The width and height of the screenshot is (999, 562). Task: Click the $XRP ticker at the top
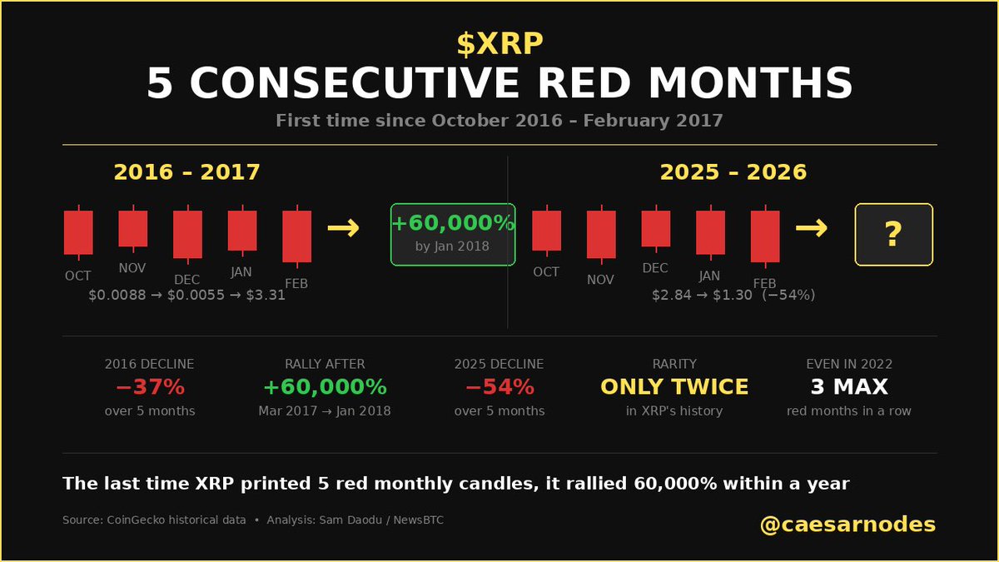point(499,43)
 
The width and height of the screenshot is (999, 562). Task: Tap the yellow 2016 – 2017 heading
point(186,172)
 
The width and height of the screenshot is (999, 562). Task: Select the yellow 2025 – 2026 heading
point(733,172)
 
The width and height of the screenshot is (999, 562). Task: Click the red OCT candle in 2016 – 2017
point(78,231)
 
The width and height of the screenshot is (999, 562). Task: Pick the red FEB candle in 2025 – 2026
point(765,236)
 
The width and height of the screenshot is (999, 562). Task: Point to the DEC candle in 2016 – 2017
point(187,234)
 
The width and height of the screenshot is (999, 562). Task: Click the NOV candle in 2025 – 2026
point(601,234)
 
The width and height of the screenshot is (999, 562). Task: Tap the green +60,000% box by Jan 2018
point(453,234)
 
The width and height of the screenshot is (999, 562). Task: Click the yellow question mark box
point(893,234)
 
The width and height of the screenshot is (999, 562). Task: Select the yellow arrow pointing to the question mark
point(811,227)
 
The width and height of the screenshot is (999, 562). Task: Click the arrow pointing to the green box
point(343,227)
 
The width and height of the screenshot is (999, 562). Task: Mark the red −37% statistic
point(150,387)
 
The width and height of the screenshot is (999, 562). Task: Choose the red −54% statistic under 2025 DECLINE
point(499,387)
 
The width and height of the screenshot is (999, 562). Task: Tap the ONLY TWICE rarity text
point(674,387)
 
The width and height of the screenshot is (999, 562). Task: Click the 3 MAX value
point(849,387)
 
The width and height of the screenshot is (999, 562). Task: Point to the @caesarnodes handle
point(847,525)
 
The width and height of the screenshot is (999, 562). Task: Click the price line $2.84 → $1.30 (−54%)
point(733,295)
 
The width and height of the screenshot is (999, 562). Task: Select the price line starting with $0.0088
point(186,295)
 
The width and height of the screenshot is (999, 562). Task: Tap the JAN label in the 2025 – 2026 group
point(710,276)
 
